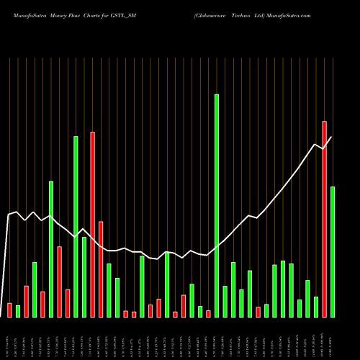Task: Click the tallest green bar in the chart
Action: tap(217, 205)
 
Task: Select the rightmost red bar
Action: tap(324, 219)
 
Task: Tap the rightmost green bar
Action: tap(333, 251)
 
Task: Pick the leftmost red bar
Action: tap(10, 310)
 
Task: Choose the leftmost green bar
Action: tap(18, 311)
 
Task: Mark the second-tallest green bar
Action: tap(76, 226)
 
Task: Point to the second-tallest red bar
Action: tap(93, 224)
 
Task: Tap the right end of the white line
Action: tap(331, 137)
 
